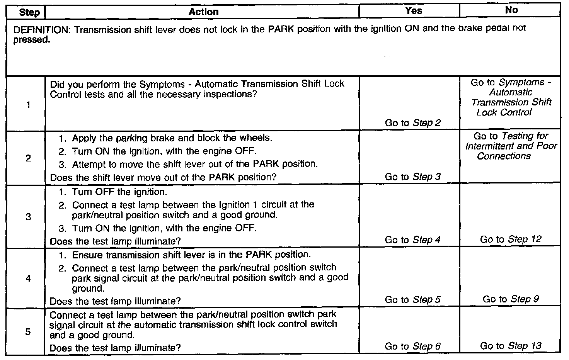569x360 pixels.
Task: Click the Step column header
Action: [29, 12]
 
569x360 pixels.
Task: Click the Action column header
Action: [203, 12]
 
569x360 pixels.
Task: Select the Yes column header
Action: [413, 11]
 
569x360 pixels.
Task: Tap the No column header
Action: [511, 10]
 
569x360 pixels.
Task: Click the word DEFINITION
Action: [41, 29]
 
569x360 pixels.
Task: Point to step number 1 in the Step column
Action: [29, 105]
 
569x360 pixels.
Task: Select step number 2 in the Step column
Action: [28, 158]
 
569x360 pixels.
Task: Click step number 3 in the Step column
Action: [28, 217]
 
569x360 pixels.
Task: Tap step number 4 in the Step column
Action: [28, 278]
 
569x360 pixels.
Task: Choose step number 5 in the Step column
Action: [28, 332]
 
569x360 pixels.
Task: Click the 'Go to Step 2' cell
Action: [412, 123]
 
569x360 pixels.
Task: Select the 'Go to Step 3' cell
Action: [412, 177]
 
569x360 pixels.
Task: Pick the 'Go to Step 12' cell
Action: [511, 239]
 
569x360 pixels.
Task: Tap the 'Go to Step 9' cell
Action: [511, 299]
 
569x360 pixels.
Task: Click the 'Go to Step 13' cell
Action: [511, 346]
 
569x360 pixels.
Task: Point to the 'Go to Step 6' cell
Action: [412, 346]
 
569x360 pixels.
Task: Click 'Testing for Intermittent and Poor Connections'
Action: [511, 146]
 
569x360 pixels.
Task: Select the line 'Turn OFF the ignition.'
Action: [119, 192]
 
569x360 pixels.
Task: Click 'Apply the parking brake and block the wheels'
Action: [172, 138]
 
